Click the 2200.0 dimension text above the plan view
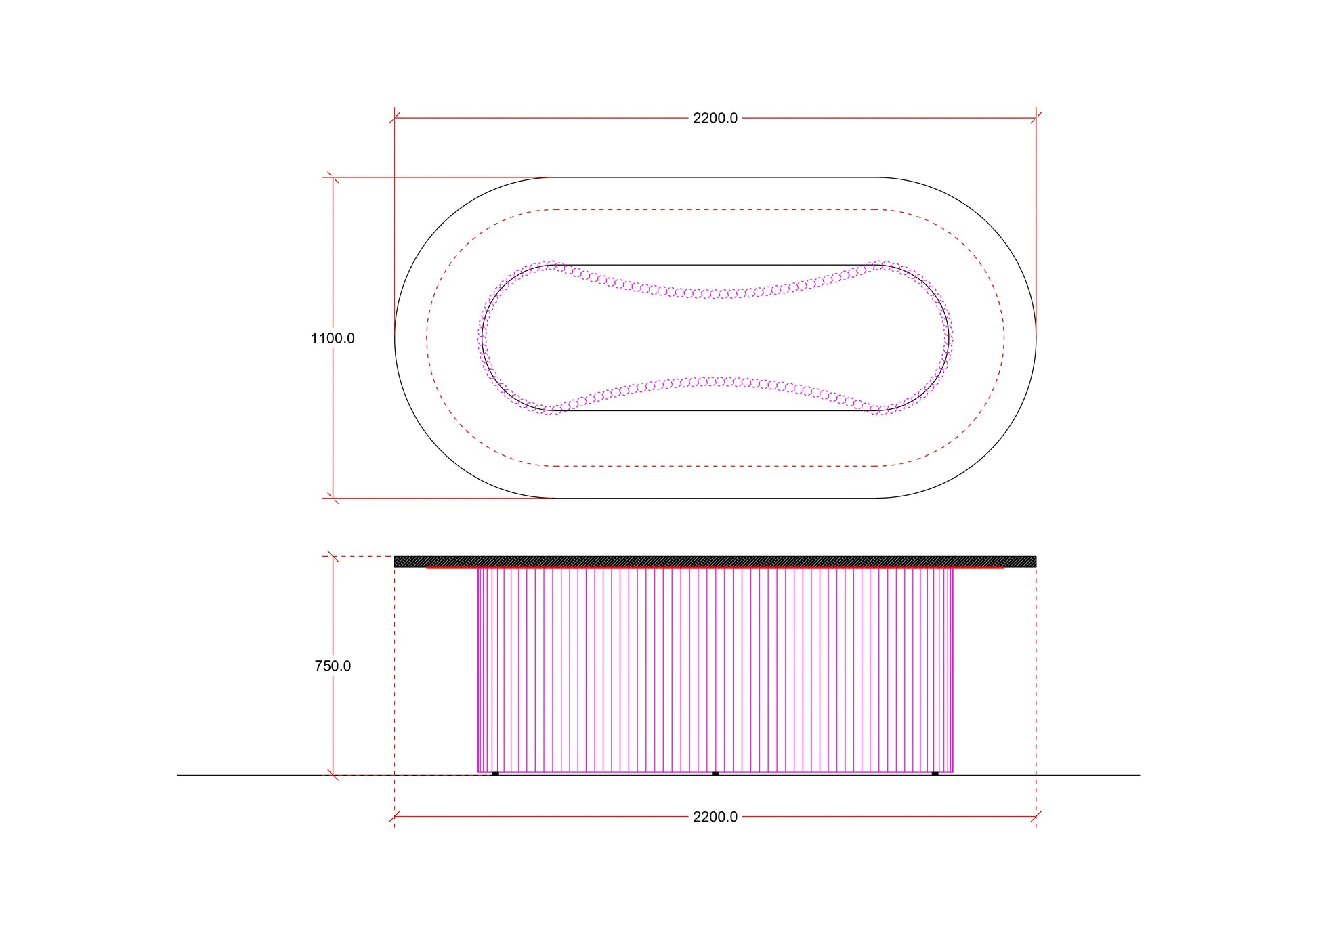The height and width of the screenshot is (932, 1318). point(715,118)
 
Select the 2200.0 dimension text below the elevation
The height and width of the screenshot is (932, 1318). point(715,817)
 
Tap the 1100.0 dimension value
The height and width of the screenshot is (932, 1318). point(333,338)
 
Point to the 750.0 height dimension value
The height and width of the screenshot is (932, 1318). point(333,666)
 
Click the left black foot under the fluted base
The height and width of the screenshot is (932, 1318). point(496,773)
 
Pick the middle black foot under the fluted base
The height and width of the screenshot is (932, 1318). point(715,773)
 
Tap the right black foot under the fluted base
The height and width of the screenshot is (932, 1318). point(935,773)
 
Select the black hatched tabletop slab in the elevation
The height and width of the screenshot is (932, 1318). point(715,562)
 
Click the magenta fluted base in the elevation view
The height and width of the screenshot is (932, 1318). point(715,670)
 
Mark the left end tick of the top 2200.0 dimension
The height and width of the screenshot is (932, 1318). point(395,118)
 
